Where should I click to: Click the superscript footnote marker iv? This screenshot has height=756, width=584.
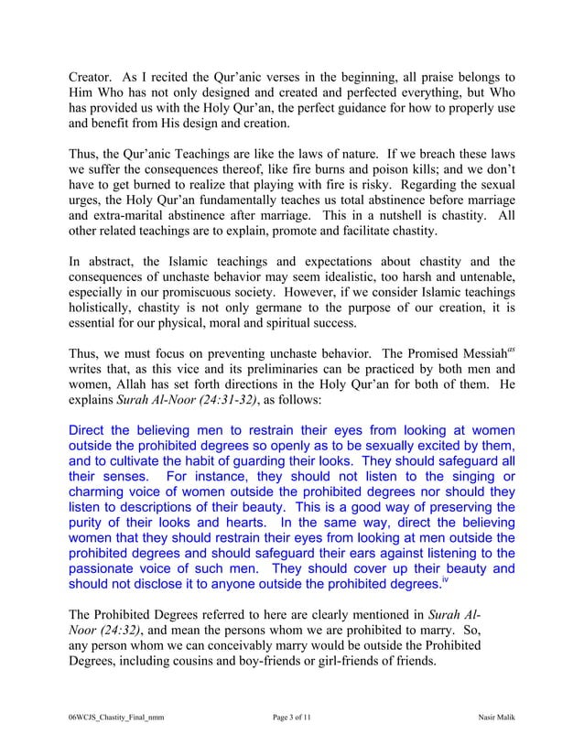446,578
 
